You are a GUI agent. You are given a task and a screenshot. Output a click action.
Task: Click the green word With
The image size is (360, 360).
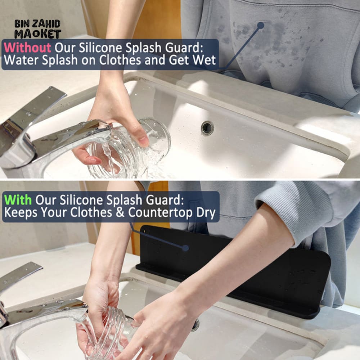pos(18,200)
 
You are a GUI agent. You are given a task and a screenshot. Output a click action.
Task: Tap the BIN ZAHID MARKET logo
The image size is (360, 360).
pos(37,29)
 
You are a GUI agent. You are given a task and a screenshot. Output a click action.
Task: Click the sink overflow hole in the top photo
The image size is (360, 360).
pos(207,128)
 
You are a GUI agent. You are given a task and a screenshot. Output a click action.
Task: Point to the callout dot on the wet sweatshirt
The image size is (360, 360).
pos(261,25)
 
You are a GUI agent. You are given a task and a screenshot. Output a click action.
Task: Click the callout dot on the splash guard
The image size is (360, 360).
pos(185,248)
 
